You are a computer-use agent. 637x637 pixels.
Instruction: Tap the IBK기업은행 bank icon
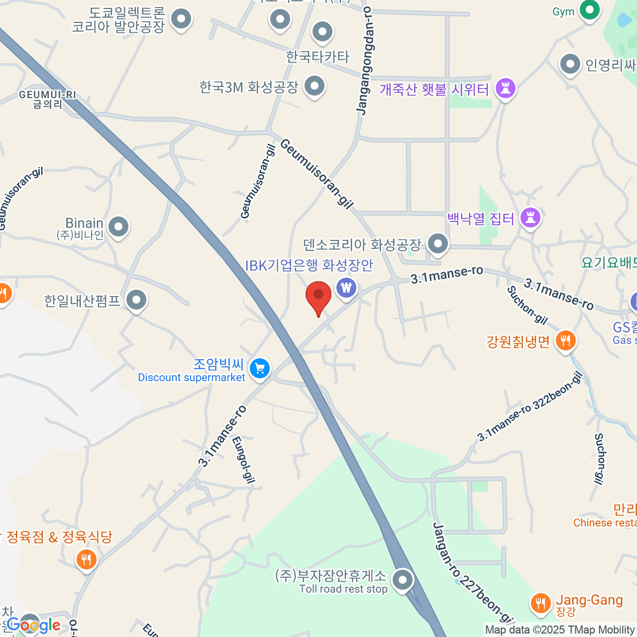pos(347,288)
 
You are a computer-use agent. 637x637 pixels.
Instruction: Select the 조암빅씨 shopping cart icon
pos(260,368)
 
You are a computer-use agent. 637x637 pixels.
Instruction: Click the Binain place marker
pos(118,227)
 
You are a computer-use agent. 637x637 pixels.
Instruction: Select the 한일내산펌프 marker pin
pos(137,300)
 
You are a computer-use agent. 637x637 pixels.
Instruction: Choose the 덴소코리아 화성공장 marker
pos(438,244)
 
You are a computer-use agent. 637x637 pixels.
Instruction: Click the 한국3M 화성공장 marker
pos(315,85)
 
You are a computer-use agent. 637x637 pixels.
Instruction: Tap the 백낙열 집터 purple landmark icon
pos(530,217)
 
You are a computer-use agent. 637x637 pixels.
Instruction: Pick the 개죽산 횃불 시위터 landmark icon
pos(505,88)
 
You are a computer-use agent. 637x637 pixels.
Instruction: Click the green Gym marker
pos(589,10)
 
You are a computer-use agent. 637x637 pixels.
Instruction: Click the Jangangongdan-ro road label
pos(364,61)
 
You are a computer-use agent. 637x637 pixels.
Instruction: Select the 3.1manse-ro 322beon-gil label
pos(530,407)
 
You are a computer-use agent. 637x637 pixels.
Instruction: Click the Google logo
pos(33,625)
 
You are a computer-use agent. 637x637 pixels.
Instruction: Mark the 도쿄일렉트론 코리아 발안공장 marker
pos(182,19)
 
